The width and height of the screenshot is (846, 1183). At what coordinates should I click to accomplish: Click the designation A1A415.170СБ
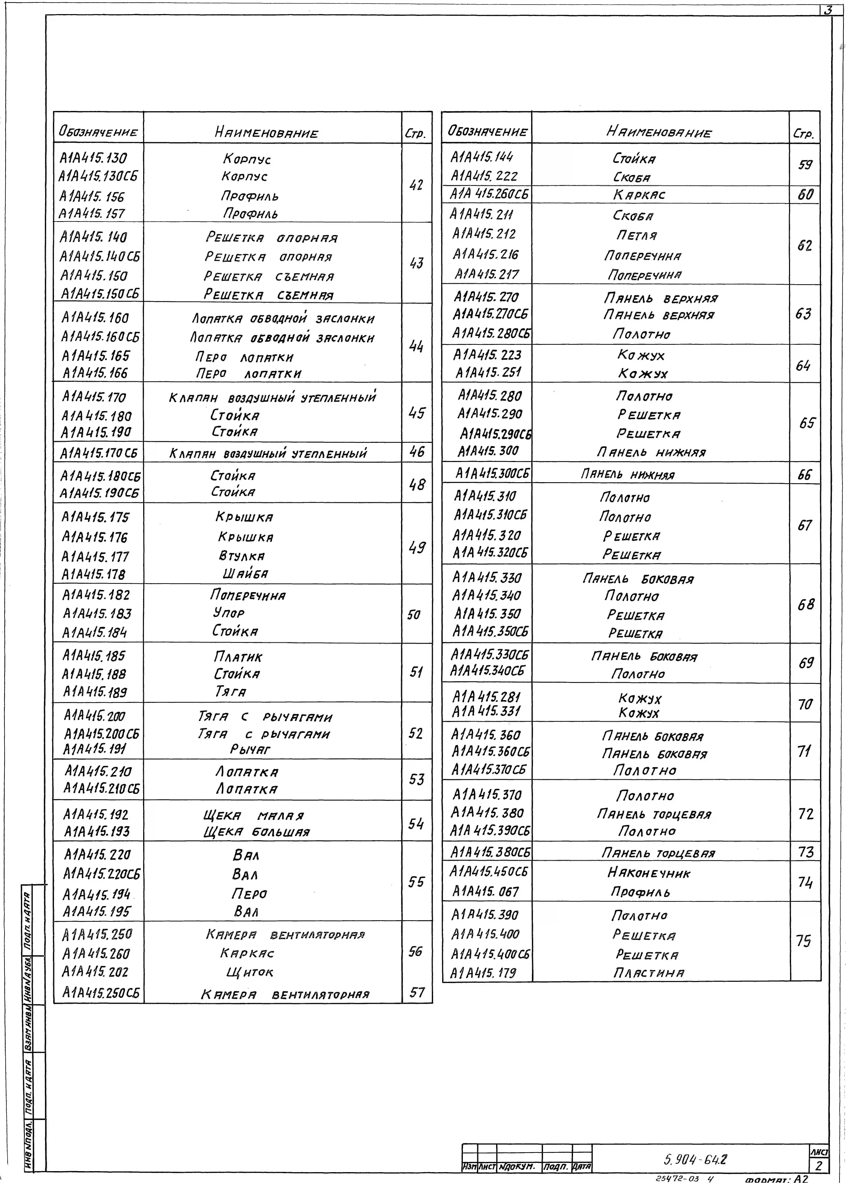(99, 453)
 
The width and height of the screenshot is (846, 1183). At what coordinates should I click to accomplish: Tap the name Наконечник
(649, 873)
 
